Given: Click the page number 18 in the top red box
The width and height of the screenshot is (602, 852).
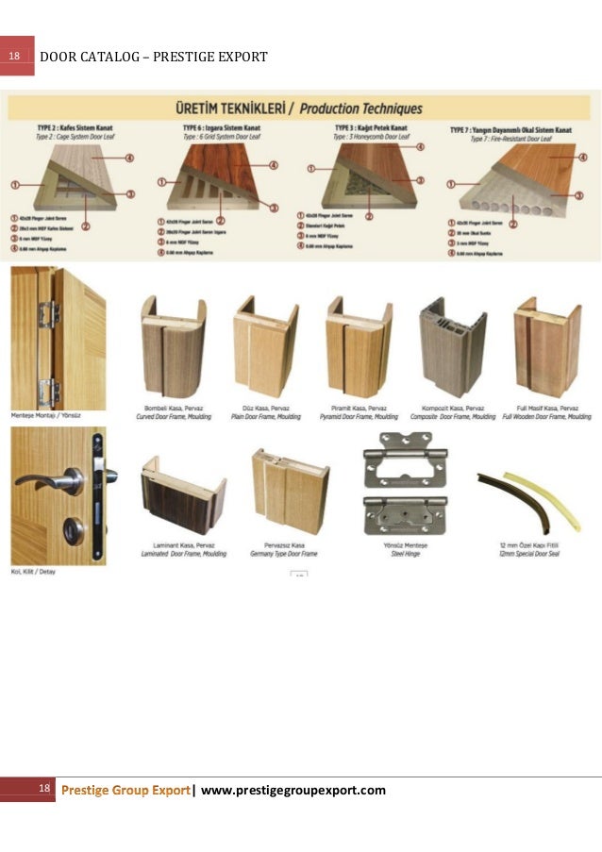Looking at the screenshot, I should [14, 57].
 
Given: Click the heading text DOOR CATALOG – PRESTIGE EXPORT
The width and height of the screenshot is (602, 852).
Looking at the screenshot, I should [154, 58].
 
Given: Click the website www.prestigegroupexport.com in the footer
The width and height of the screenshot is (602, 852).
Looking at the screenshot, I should [293, 790].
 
